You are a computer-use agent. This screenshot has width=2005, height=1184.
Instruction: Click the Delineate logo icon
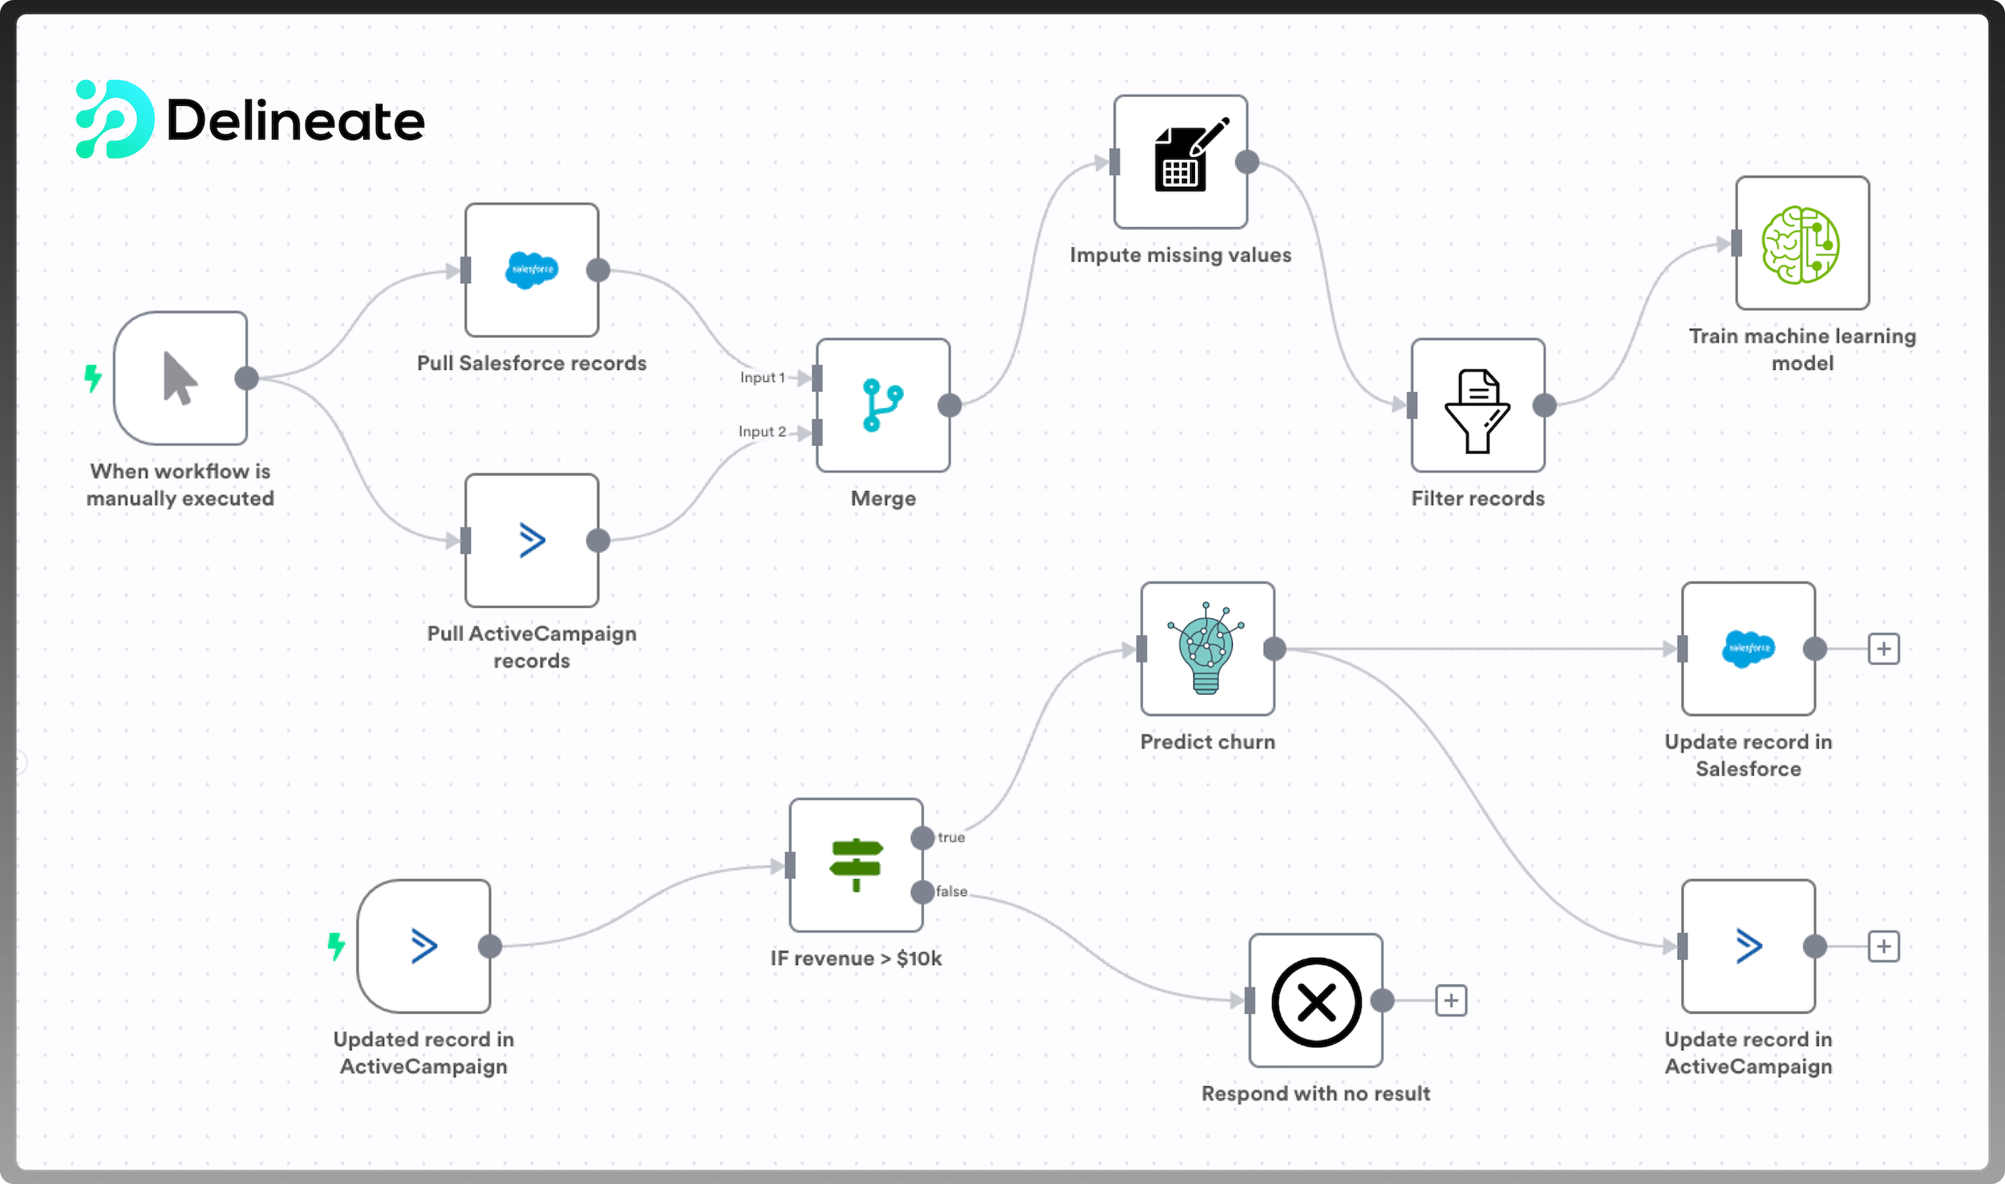114,120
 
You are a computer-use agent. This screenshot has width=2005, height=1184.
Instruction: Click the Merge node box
883,405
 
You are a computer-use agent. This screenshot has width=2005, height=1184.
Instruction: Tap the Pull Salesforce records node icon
531,270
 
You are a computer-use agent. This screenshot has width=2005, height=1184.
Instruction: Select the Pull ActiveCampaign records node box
531,540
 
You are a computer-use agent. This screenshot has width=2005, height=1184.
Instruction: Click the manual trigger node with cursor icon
180,378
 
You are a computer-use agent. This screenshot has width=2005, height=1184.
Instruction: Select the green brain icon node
1801,244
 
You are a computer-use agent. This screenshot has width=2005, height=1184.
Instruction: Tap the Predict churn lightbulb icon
1206,648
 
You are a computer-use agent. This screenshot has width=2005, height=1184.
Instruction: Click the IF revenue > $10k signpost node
856,865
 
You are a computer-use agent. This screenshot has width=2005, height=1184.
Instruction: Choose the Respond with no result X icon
1316,1001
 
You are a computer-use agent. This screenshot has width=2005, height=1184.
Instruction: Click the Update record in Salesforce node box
1748,648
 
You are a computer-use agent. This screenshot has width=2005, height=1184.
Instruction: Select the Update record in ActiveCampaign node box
1748,946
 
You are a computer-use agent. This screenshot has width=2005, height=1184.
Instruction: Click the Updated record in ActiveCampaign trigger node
423,946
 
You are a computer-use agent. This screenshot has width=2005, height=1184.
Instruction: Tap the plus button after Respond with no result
1451,1000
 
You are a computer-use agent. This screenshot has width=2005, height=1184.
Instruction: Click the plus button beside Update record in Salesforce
1884,648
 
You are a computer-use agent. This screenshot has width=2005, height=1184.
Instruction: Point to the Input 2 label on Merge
762,432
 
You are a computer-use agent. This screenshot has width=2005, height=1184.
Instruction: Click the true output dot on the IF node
923,838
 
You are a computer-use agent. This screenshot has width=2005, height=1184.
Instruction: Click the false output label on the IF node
952,891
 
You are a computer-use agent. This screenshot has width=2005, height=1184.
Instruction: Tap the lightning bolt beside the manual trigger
93,378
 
